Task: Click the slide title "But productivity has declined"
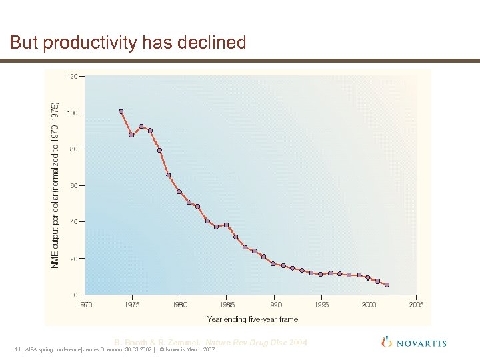[x=128, y=43]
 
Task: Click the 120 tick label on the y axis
[x=71, y=76]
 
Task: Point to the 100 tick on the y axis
[x=71, y=113]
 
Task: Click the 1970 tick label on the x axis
[x=85, y=305]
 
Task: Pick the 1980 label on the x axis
[x=179, y=305]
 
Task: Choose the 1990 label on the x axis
[x=274, y=305]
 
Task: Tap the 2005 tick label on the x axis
[x=416, y=305]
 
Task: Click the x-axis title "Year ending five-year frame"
[x=253, y=319]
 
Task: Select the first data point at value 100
[x=121, y=111]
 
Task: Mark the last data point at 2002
[x=387, y=285]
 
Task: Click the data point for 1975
[x=131, y=135]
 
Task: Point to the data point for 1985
[x=226, y=225]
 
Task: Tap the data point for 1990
[x=273, y=264]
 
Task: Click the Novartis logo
[x=413, y=343]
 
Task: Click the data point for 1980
[x=179, y=192]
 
